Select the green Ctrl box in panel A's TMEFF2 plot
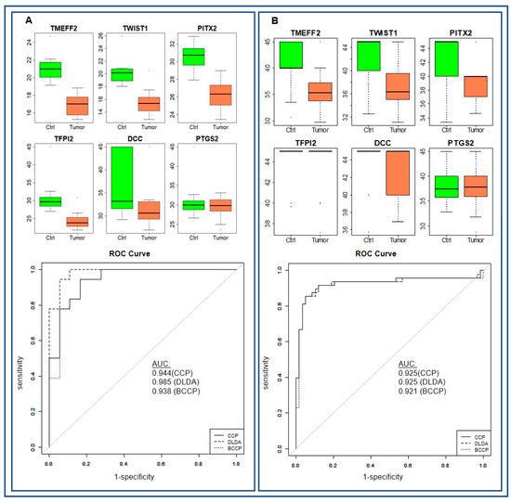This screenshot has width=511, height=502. pos(51,70)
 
